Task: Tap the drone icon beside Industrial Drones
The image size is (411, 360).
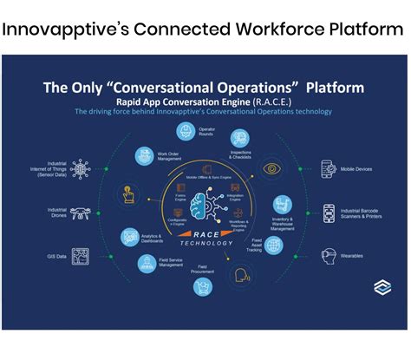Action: click(x=80, y=212)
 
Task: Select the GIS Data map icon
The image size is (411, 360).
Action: click(x=80, y=256)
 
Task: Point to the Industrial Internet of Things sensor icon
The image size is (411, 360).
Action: click(x=81, y=167)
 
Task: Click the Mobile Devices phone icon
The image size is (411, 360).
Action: click(x=329, y=167)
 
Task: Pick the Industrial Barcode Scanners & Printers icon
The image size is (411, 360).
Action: click(x=329, y=212)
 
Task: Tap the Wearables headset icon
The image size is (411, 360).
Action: click(x=329, y=256)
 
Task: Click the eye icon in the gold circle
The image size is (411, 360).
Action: click(x=272, y=169)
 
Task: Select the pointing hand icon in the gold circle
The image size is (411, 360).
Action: click(x=127, y=194)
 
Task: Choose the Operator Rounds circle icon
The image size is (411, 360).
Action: click(x=185, y=132)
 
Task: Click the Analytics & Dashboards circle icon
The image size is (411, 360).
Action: click(x=127, y=235)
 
